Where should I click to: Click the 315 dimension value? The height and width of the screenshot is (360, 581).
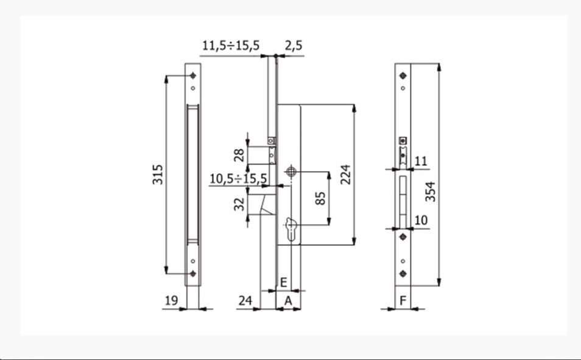pos(157,175)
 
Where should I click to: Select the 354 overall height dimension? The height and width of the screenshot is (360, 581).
pos(431,190)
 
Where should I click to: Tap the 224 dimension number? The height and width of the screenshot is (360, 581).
pos(345,175)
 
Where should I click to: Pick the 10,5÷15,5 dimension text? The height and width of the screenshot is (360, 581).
pos(238,178)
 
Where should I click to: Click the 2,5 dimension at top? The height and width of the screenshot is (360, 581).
pos(294,45)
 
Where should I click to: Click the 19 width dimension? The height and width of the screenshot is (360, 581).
pos(171,300)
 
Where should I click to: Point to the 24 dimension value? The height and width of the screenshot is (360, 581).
pos(245,300)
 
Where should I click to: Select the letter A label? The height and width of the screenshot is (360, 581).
pos(287,300)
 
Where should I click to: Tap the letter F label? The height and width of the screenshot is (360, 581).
pos(403,300)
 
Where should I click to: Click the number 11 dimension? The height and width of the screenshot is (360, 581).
pos(421,161)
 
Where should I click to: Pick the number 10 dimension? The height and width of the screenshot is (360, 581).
pos(421,220)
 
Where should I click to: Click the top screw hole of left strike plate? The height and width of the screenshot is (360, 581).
pos(194,76)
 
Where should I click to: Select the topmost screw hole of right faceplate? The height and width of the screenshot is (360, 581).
pos(403,76)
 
